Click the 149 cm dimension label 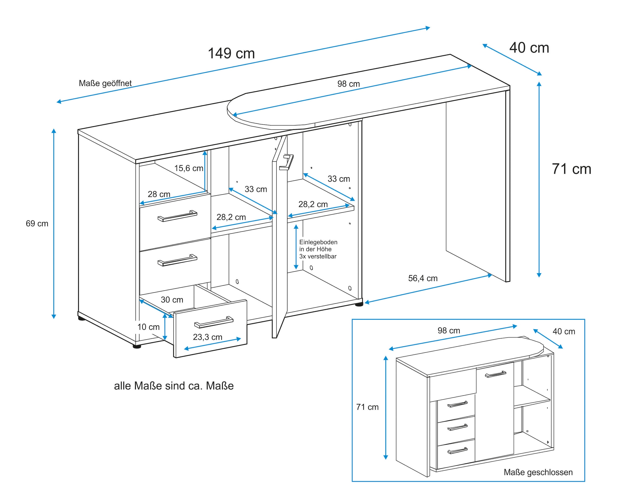click(231, 54)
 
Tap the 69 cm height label click(37, 223)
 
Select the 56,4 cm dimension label click(423, 278)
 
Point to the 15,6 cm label click(188, 168)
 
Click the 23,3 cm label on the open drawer click(207, 337)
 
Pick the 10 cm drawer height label click(148, 327)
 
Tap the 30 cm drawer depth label click(172, 300)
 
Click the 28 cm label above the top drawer click(159, 194)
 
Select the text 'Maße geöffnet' click(105, 83)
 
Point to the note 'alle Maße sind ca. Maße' click(174, 386)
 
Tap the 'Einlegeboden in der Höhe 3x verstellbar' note click(318, 249)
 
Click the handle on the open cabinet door click(286, 162)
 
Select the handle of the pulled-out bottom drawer click(214, 322)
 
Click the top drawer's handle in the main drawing click(177, 216)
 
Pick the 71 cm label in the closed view click(367, 407)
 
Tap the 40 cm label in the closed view click(564, 331)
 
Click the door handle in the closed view click(496, 374)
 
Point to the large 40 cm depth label click(529, 48)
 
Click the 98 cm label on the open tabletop click(348, 84)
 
